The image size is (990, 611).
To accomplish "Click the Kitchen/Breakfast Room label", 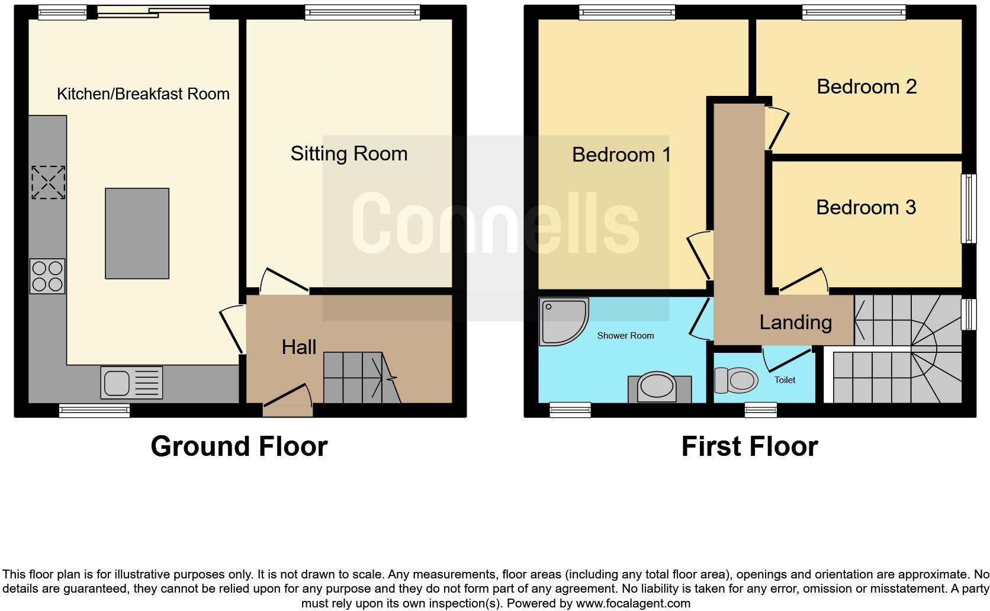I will [143, 94].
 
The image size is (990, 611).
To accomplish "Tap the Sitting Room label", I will [349, 154].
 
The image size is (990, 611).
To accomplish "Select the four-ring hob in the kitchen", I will [48, 276].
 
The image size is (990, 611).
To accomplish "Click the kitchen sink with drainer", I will [131, 382].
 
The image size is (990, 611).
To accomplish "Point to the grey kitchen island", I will [137, 233].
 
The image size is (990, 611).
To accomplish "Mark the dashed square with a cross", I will [48, 182].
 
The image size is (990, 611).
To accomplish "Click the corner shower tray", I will [562, 320].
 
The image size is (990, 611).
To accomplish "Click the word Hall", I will [298, 347].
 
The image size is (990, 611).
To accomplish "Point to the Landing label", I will [795, 322].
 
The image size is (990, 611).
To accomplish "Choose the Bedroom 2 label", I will [866, 86].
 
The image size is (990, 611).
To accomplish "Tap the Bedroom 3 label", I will [866, 207].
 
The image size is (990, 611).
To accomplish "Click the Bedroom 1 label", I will [621, 155].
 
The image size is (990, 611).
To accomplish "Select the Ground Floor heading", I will [239, 446].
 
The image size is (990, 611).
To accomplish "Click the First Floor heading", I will [749, 446].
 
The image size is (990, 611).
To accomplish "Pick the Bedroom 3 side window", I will [968, 208].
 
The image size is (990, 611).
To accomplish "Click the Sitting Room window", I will [362, 12].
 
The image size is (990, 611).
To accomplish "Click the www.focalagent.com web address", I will [632, 603].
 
